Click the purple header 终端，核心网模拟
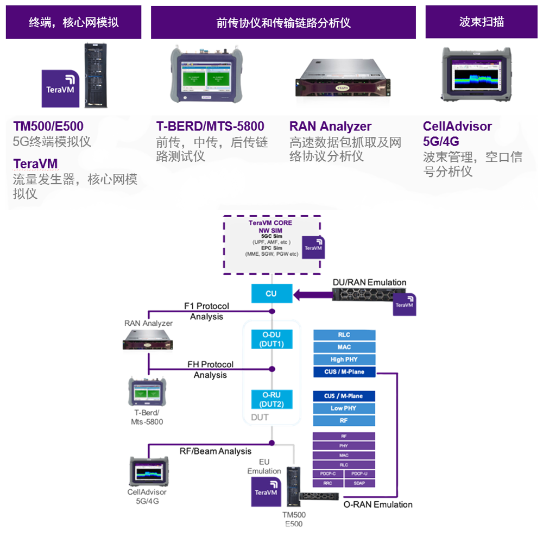coord(73,22)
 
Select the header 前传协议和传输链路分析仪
coord(283,22)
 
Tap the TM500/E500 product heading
coord(48,127)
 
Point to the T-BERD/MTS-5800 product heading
coord(210,127)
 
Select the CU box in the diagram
coord(271,294)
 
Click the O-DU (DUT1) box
coord(271,339)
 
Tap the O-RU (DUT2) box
coord(271,400)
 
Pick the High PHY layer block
coord(344,359)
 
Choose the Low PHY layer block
coord(344,408)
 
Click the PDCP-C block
coord(328,474)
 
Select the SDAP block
coord(359,483)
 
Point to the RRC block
coord(328,483)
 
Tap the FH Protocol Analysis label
coord(210,369)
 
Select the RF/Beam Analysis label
coord(216,451)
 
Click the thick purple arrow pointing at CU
coord(312,295)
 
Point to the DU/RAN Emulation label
coord(369,282)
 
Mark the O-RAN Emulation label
coord(378,504)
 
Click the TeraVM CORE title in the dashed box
coord(270,223)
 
